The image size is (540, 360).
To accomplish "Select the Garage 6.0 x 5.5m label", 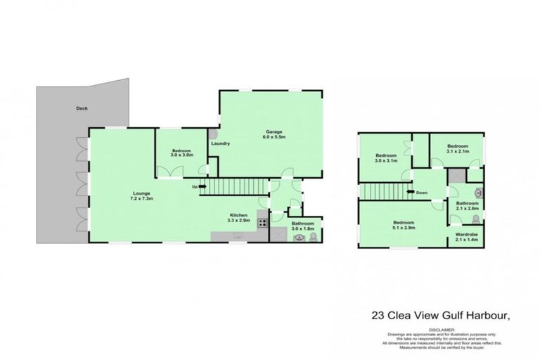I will point(273,134).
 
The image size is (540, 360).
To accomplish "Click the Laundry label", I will point(221,143).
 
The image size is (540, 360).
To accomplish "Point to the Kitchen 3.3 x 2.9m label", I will point(240,219).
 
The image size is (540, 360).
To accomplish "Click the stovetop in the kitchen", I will point(262,223).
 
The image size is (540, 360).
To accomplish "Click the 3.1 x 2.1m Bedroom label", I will point(457,148).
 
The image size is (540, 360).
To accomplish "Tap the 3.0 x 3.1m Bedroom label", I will point(386,158).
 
